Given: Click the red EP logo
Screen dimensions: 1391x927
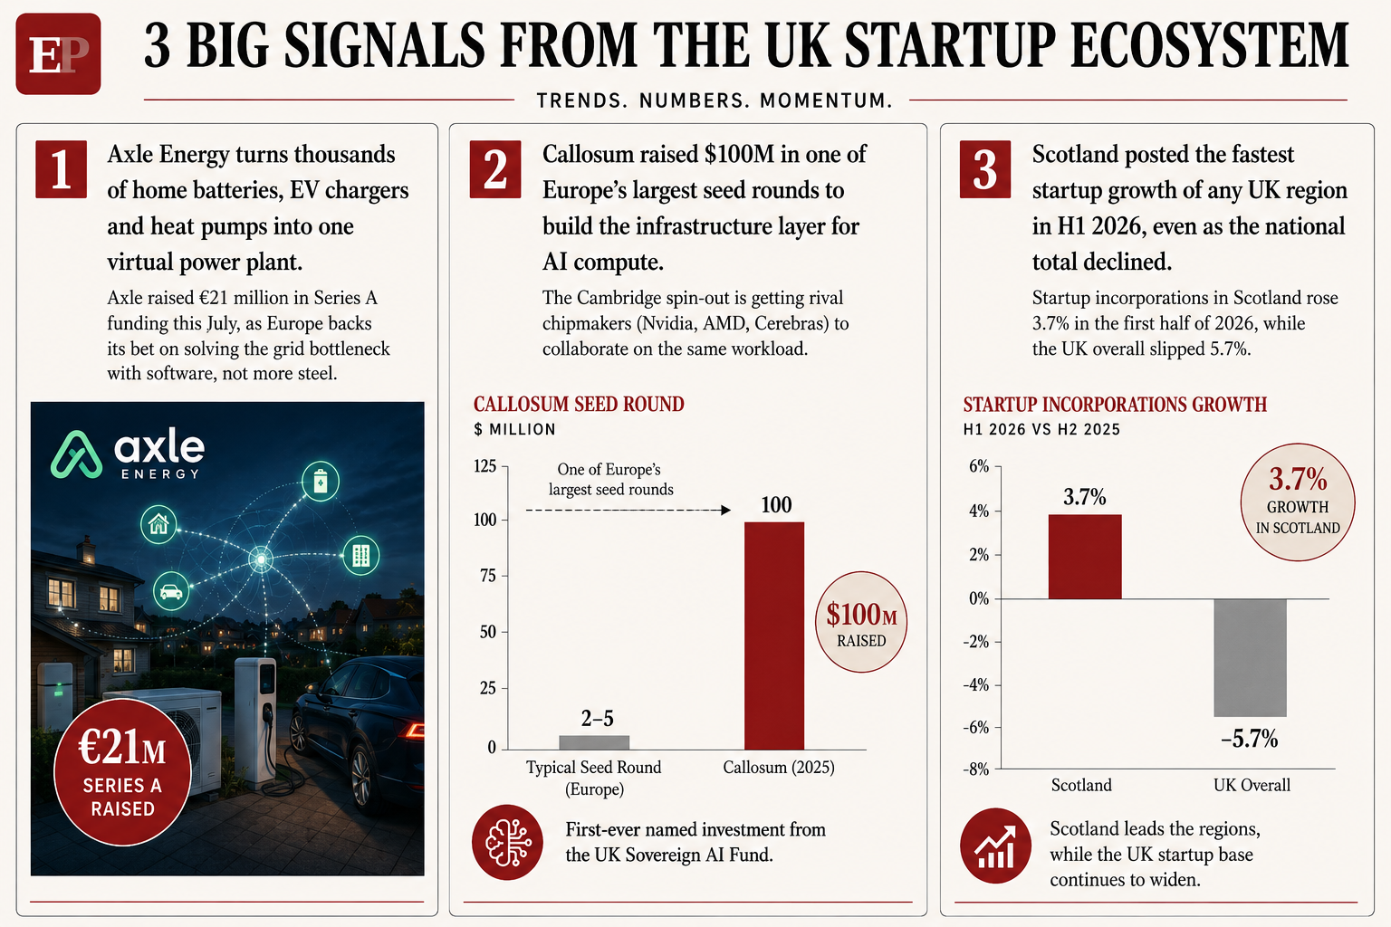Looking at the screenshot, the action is tap(58, 54).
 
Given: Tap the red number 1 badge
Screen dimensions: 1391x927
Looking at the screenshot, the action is tap(61, 169).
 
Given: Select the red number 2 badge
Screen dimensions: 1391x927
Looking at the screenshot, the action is tap(495, 169).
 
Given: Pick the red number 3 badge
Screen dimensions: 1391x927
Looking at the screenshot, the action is tap(985, 169).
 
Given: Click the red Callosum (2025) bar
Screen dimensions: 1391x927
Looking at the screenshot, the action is tap(774, 636).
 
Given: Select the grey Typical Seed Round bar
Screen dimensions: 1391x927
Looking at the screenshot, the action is tap(594, 742).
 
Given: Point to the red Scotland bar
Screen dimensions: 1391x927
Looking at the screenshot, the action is tap(1085, 557).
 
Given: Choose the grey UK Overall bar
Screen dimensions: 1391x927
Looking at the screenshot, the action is tap(1250, 658).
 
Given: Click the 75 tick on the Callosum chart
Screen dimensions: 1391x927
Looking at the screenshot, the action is tap(488, 576).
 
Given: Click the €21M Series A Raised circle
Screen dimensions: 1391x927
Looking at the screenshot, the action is tap(122, 772).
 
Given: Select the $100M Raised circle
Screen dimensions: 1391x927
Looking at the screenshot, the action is tap(860, 622).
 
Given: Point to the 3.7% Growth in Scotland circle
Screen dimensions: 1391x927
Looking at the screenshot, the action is tap(1298, 502).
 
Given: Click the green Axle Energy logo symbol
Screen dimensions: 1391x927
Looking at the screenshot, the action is tap(76, 454).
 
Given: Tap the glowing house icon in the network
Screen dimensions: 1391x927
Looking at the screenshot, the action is tap(158, 524).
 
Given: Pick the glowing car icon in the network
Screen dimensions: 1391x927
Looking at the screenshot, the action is tap(171, 591).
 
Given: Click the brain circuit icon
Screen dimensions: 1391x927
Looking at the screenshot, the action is tap(507, 843).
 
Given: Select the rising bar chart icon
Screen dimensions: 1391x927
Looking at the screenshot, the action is tap(995, 846).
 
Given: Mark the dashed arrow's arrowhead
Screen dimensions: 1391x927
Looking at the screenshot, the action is tap(725, 511).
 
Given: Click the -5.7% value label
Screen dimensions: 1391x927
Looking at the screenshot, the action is tap(1250, 739).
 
